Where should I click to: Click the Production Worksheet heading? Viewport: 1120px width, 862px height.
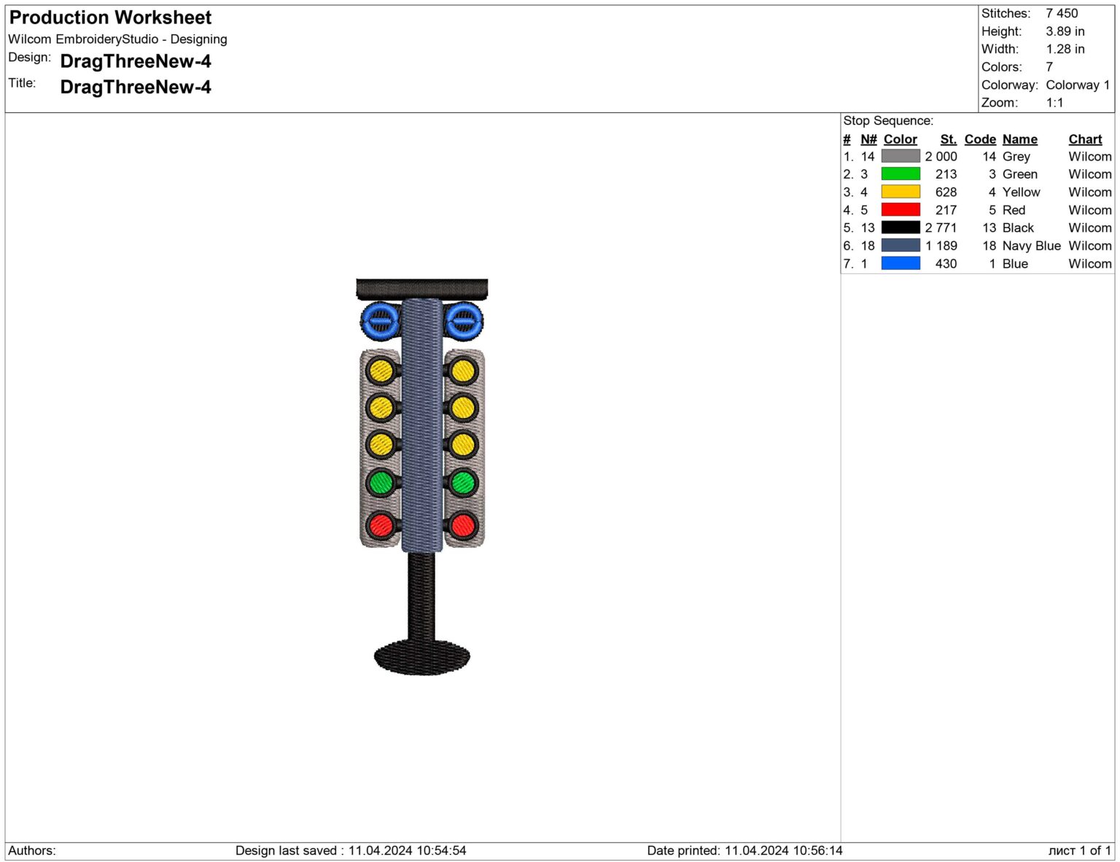110,18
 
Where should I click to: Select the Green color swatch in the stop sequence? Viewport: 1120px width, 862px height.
900,174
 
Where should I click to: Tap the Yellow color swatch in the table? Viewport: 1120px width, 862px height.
900,192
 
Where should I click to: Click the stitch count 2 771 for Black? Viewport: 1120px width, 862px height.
941,228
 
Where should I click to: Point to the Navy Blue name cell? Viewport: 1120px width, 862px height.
1031,246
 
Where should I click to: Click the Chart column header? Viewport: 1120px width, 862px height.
1085,139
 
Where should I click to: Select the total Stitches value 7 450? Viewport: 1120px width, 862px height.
1062,13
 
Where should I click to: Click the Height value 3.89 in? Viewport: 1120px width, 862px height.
1065,31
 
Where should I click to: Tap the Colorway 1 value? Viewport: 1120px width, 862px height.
1077,85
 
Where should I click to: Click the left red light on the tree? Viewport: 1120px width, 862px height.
381,525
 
